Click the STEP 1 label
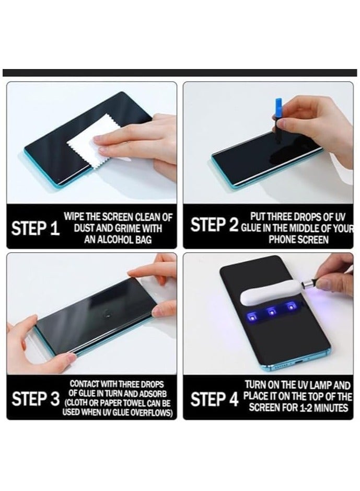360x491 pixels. (36, 229)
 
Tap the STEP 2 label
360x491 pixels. (214, 225)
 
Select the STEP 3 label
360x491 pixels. (36, 398)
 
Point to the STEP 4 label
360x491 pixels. (214, 399)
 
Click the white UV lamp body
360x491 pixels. (270, 292)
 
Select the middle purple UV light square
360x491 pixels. (271, 312)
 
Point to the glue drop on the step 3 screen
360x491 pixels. (108, 313)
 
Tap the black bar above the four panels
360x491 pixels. (180, 73)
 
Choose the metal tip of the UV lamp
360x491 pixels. (307, 284)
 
